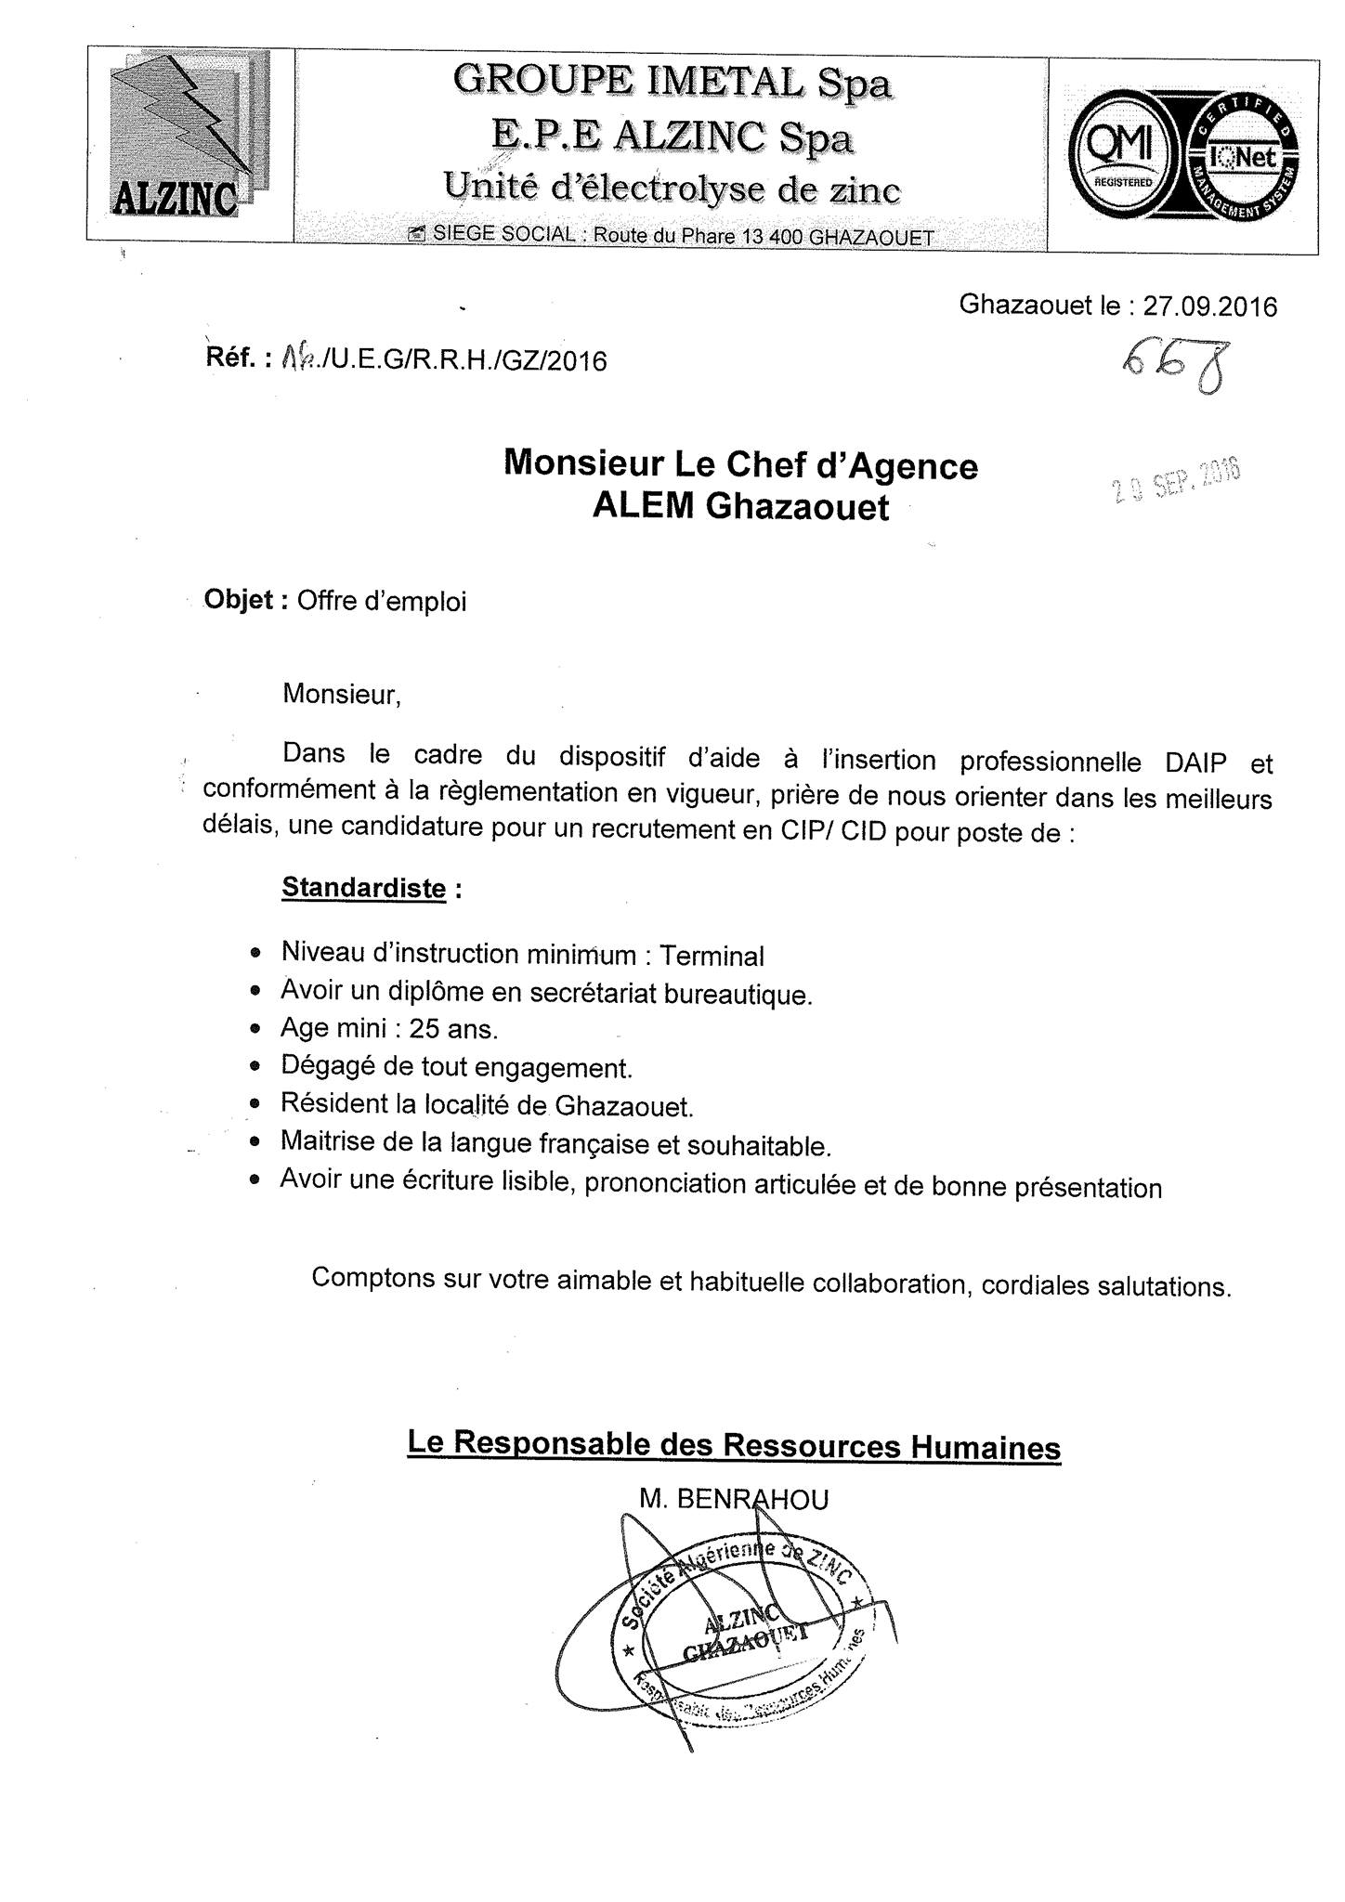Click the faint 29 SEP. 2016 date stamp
click(1178, 482)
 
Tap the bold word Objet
click(239, 600)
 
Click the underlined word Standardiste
click(363, 888)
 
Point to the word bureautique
click(738, 994)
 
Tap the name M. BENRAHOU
click(733, 1499)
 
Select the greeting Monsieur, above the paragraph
click(342, 695)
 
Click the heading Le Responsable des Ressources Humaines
click(734, 1446)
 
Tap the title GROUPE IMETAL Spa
click(672, 84)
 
